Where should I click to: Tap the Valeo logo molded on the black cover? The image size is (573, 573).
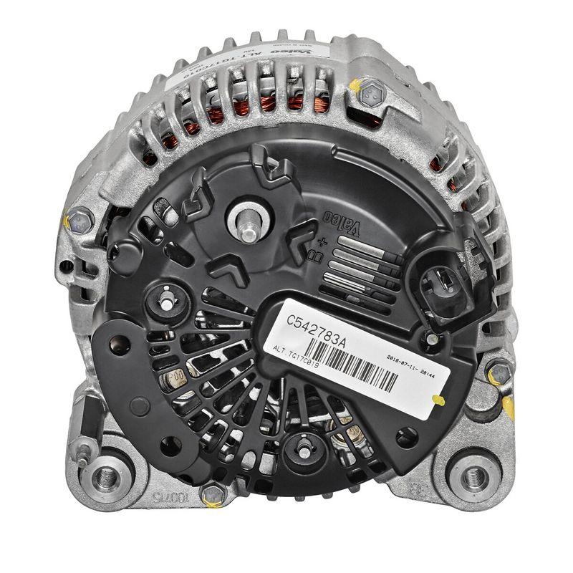point(342,223)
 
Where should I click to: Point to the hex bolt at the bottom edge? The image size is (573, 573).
point(211,493)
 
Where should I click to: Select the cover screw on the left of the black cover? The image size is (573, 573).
point(165,301)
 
